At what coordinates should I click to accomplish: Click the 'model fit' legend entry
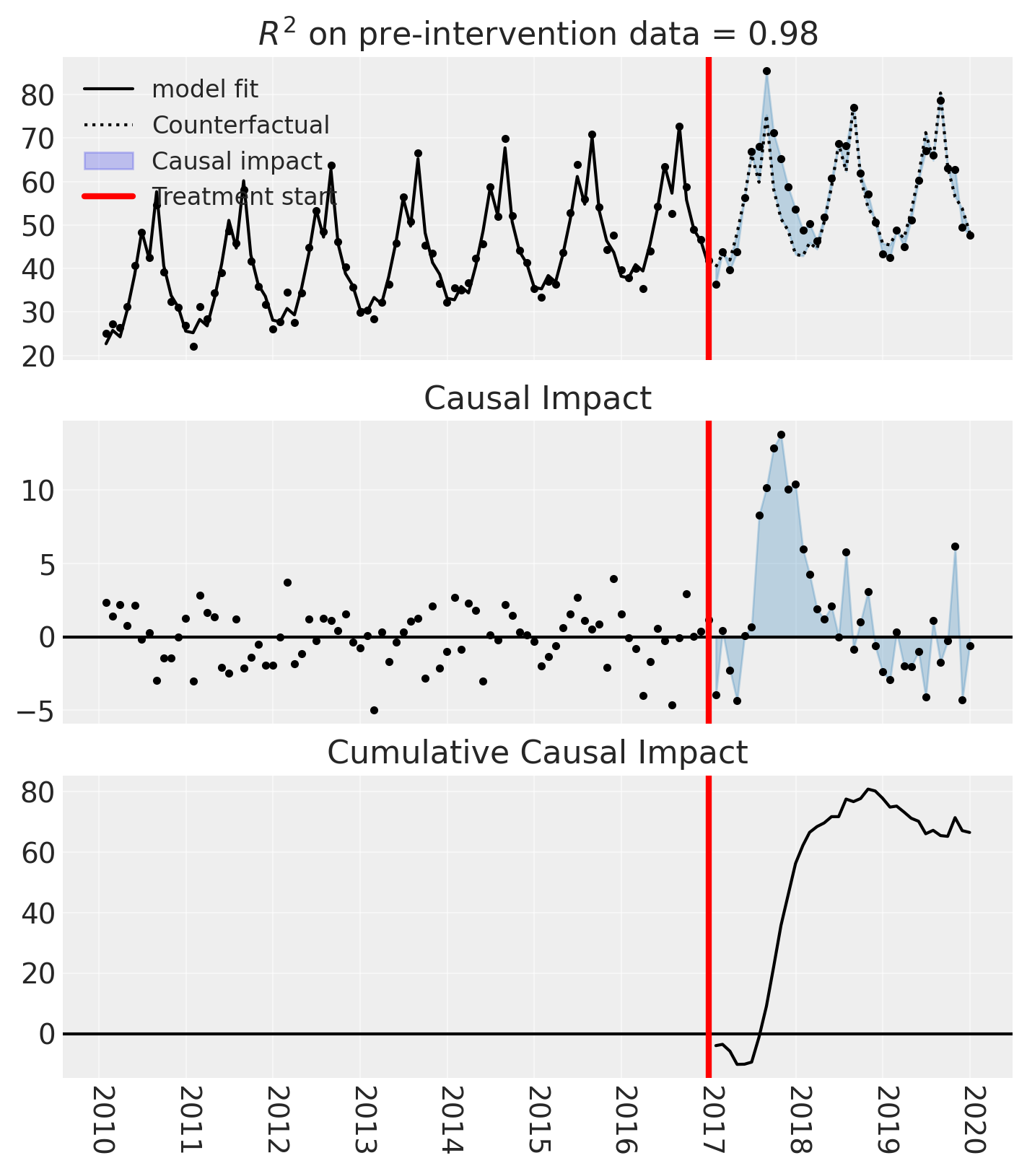[205, 89]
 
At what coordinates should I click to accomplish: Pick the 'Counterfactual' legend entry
[240, 125]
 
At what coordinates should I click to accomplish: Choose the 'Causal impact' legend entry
[237, 161]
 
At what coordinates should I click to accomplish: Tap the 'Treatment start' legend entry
[244, 196]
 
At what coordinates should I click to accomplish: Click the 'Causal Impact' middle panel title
[538, 398]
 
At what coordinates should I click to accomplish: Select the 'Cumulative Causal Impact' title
[538, 753]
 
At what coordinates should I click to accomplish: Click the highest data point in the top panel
[766, 71]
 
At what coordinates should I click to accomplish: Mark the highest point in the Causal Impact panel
[781, 435]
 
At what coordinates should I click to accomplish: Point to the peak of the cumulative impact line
[869, 789]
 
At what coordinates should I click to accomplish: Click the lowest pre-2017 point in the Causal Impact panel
[374, 710]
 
